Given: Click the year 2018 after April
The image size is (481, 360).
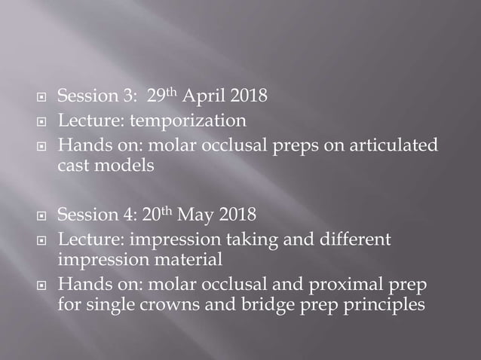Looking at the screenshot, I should (x=256, y=97).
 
